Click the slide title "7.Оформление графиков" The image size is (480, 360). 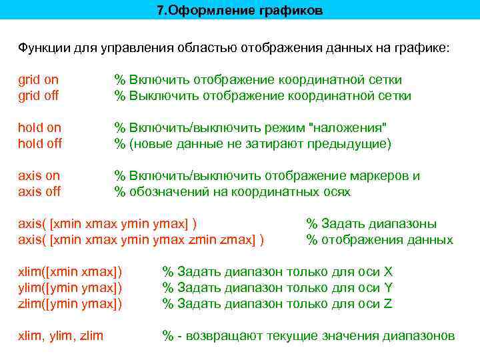click(x=239, y=11)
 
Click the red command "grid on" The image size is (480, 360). click(x=38, y=80)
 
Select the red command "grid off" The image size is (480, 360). click(x=38, y=96)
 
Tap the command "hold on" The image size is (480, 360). click(x=39, y=127)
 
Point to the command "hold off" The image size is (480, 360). click(x=39, y=143)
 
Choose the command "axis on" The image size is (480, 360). click(x=39, y=176)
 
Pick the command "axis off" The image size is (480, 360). click(x=39, y=191)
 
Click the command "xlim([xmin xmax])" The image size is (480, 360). click(x=70, y=271)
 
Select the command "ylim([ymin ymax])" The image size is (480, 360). click(x=70, y=287)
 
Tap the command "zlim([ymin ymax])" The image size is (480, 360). click(x=70, y=303)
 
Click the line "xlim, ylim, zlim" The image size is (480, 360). click(x=61, y=335)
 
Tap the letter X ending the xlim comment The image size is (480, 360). click(x=388, y=271)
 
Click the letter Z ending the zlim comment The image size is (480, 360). click(x=388, y=303)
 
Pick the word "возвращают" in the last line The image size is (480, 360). click(x=219, y=335)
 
